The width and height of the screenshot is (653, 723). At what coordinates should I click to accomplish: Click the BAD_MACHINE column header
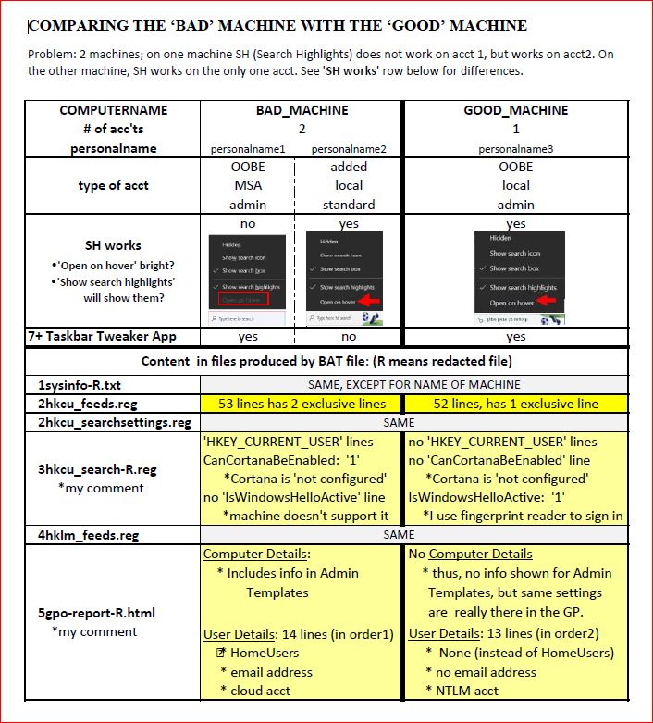pos(302,110)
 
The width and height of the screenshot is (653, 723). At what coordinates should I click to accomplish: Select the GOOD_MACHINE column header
pos(516,110)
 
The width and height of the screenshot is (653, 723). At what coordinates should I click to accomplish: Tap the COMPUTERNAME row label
pos(114,110)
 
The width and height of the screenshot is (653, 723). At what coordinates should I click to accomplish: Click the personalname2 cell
pos(349,148)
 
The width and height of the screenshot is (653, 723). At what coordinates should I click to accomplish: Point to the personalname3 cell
pos(516,148)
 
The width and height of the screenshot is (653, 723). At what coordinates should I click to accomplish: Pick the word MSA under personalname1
pos(248,185)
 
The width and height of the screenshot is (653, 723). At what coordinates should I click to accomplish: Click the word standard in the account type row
pos(349,205)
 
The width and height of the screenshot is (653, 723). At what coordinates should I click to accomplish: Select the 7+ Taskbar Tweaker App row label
pos(102,337)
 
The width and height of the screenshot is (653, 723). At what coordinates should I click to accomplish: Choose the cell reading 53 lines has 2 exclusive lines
pos(302,404)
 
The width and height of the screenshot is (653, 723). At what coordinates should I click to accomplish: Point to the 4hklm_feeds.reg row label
pos(89,534)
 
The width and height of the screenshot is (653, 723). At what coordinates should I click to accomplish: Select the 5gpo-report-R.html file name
pos(104,612)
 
